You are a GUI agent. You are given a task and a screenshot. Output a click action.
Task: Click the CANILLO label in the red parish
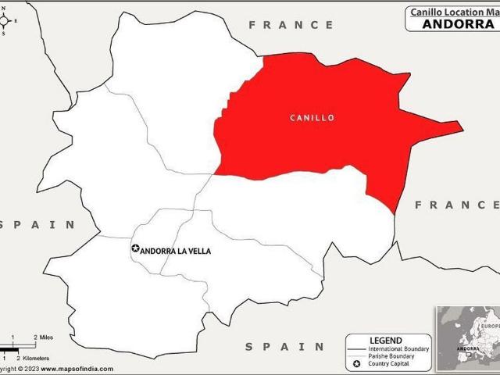coord(312,118)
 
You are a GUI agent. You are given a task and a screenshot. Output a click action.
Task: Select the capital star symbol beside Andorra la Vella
coord(135,249)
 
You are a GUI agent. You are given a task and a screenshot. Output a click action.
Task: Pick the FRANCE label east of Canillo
coord(456,205)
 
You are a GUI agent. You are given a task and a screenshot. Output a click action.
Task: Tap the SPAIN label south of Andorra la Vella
coord(284,346)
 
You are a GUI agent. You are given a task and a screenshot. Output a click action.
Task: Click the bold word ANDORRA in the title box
coord(459,23)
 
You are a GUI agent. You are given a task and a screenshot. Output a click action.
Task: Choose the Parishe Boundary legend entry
coord(398,357)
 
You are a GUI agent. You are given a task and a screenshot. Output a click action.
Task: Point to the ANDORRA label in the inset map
coord(470,350)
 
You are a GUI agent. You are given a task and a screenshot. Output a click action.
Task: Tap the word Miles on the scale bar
coord(47,337)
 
